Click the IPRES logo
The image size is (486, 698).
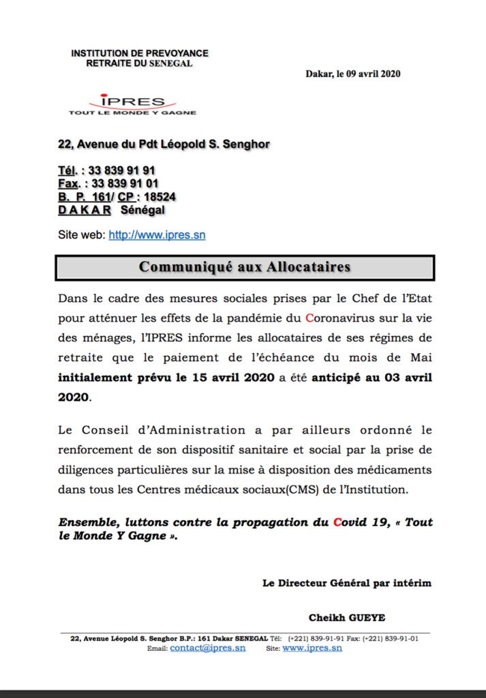point(132,104)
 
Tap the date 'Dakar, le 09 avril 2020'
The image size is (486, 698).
point(352,74)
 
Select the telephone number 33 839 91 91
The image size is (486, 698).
point(123,170)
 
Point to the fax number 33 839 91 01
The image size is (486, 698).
point(125,183)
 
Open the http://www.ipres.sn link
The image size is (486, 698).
point(157,235)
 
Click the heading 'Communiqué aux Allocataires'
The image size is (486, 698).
point(244,267)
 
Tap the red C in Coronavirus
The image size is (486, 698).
point(310,318)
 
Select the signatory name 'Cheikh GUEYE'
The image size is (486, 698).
point(347,618)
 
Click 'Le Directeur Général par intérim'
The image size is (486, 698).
point(346,583)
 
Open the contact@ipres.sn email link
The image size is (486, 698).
point(207,648)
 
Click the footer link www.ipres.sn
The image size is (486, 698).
point(312,648)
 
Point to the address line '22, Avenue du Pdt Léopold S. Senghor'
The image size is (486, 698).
point(164,144)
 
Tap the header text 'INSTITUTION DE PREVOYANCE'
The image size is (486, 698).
point(140,53)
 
